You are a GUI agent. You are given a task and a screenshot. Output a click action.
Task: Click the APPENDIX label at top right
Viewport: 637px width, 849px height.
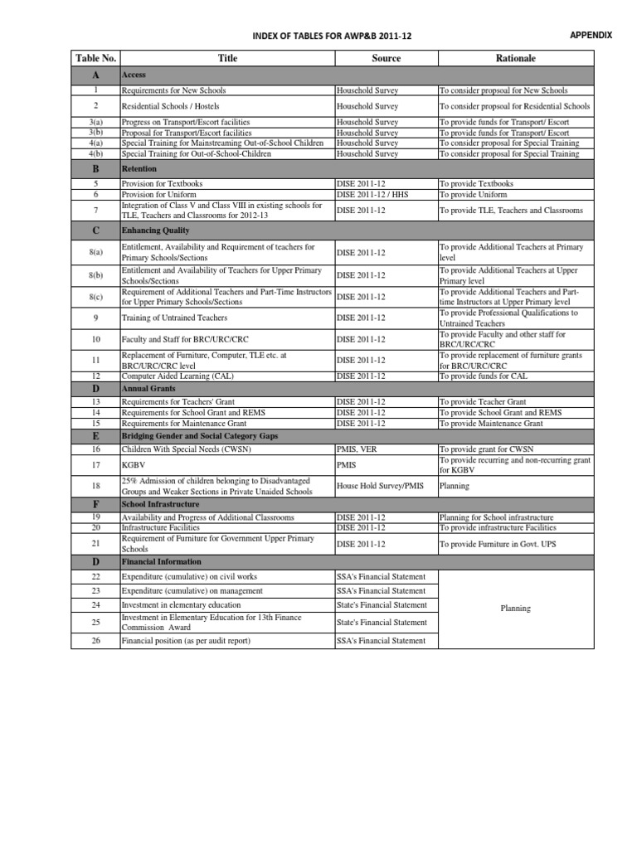point(591,35)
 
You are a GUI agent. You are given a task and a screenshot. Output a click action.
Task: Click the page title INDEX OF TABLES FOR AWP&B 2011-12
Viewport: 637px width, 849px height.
point(331,36)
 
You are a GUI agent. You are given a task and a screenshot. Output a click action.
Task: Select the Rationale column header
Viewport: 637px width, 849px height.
point(515,58)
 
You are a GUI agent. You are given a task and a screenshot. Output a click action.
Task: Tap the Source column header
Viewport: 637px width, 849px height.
point(386,58)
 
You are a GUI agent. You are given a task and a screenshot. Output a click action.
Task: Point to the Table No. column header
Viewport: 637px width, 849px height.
point(95,58)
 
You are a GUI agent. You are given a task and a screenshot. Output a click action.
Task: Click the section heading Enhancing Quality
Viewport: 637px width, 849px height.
point(155,230)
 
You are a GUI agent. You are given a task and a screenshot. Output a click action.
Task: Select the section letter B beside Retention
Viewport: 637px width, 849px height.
point(95,169)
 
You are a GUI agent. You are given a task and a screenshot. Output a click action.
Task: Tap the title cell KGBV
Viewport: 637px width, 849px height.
point(132,465)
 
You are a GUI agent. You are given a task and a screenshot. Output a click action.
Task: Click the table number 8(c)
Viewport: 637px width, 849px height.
point(95,297)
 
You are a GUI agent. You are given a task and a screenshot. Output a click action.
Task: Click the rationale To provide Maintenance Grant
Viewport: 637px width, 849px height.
point(491,423)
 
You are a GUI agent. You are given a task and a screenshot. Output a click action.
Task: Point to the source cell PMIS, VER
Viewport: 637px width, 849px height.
point(357,449)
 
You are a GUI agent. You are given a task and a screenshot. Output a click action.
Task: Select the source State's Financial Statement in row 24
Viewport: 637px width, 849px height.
point(382,605)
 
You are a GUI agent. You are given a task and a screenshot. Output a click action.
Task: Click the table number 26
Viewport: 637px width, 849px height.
point(95,640)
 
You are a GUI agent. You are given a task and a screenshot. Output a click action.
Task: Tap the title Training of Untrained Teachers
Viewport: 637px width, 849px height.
point(174,318)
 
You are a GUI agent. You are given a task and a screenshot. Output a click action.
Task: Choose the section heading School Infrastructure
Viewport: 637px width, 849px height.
point(160,504)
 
